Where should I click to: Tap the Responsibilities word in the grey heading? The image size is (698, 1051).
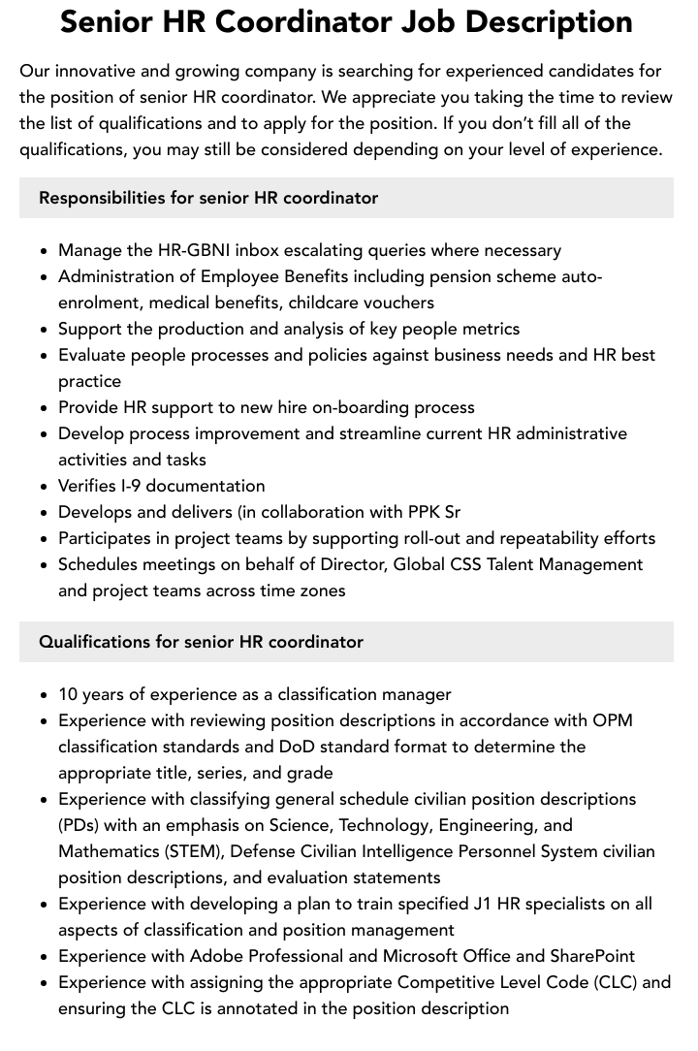coord(102,198)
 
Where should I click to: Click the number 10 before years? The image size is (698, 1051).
coord(68,694)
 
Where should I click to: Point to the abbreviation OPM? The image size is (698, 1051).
coord(612,720)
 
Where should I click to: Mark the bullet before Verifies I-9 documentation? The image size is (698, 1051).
coord(45,487)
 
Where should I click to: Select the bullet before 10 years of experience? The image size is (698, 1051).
coord(45,695)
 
